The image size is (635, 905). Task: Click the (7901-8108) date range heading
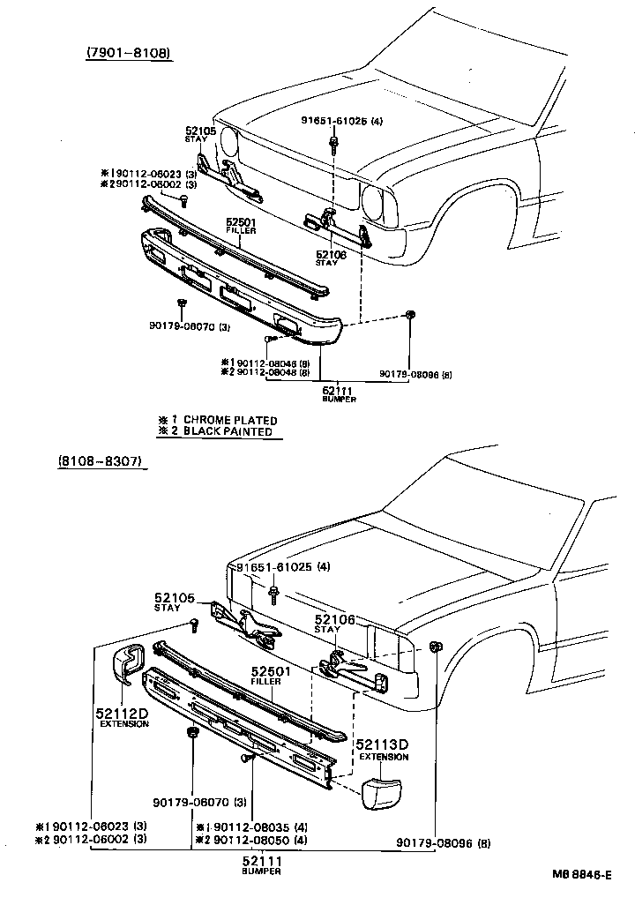coord(128,54)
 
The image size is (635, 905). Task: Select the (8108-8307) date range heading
coord(101,461)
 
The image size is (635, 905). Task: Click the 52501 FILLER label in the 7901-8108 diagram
coord(240,225)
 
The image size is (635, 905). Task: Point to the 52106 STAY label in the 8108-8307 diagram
coord(336,624)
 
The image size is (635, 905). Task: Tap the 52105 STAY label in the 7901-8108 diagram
coord(195,134)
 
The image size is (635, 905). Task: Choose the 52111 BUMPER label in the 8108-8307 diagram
coord(264,864)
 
